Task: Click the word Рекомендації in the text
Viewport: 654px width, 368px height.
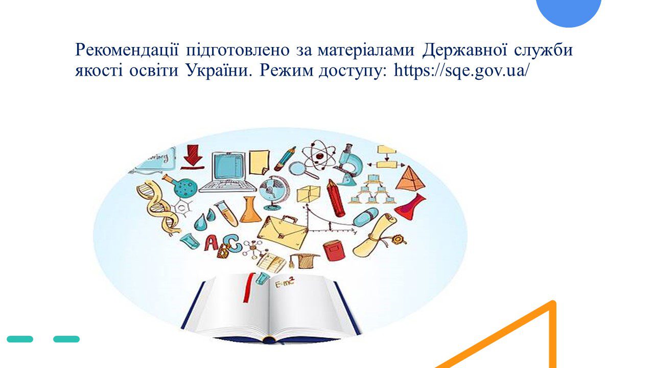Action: [x=127, y=50]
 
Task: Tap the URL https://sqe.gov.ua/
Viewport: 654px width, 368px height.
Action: [x=461, y=71]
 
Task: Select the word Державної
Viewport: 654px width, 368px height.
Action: [x=464, y=50]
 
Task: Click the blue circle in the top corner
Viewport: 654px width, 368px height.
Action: [x=569, y=12]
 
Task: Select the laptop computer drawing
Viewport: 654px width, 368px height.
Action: [x=227, y=172]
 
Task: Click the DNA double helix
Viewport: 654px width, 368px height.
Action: [x=158, y=208]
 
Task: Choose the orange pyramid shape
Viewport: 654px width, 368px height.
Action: [x=410, y=178]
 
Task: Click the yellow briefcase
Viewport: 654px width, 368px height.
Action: [x=283, y=232]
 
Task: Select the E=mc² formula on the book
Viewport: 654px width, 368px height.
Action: [x=285, y=283]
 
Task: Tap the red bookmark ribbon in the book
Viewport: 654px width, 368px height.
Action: [x=249, y=288]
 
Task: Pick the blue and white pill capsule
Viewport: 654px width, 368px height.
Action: [x=365, y=217]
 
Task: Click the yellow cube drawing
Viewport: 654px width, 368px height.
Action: [x=309, y=194]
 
